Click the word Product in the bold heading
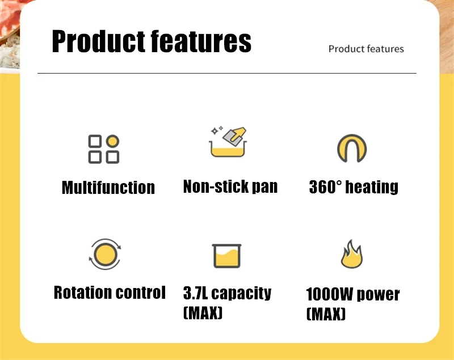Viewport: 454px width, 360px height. point(98,41)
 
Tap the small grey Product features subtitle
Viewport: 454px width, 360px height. point(366,49)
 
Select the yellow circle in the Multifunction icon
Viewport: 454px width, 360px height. point(112,141)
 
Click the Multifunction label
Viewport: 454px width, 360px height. point(108,188)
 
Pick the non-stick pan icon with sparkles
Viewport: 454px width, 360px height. point(229,142)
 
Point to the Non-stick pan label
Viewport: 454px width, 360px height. point(230,187)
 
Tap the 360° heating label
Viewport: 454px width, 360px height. point(354,187)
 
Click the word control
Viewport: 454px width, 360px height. point(141,293)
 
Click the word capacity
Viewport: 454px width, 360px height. point(242,294)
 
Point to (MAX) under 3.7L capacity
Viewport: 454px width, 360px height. point(203,312)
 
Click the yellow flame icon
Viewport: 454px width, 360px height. point(351,255)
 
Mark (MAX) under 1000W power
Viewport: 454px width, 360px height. point(326,314)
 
